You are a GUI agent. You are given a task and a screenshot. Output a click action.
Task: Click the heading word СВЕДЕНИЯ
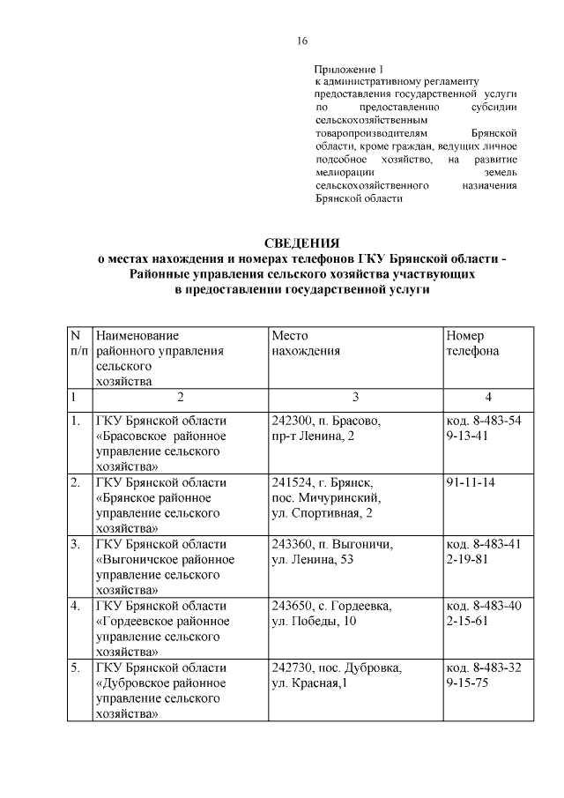pyautogui.click(x=302, y=242)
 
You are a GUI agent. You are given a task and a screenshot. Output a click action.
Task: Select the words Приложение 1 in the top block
pyautogui.click(x=350, y=68)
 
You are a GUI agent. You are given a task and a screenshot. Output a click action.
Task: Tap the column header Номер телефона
pyautogui.click(x=472, y=343)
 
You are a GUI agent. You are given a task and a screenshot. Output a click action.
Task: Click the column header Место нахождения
pyautogui.click(x=305, y=343)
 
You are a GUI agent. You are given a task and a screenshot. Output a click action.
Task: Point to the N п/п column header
pyautogui.click(x=78, y=343)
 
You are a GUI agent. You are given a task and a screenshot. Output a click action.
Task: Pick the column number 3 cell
pyautogui.click(x=354, y=397)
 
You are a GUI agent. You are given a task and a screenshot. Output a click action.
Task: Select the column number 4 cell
pyautogui.click(x=487, y=397)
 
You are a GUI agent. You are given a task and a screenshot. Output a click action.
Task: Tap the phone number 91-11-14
pyautogui.click(x=470, y=483)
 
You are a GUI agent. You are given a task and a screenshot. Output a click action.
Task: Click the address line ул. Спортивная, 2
pyautogui.click(x=323, y=513)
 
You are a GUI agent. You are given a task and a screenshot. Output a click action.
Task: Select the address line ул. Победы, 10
pyautogui.click(x=316, y=621)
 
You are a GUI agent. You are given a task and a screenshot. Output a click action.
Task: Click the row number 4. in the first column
pyautogui.click(x=77, y=606)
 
